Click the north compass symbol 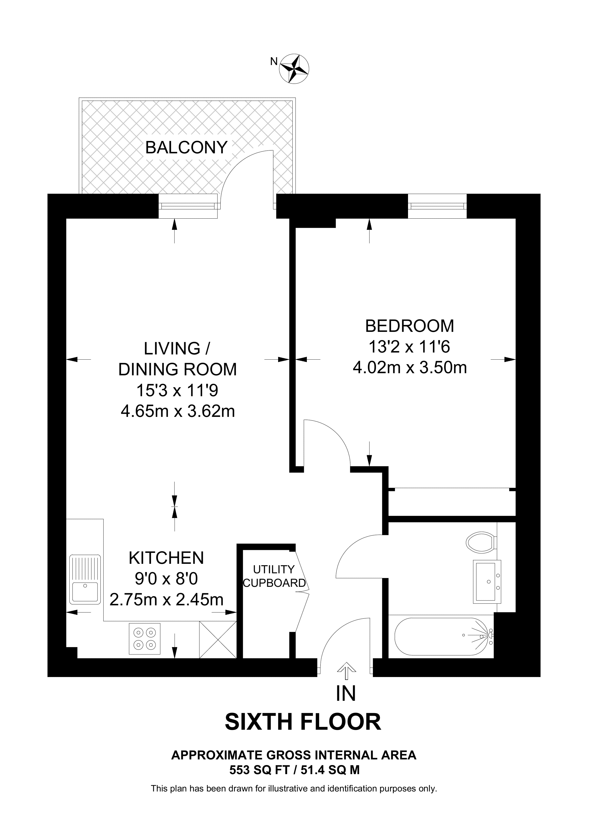pos(294,68)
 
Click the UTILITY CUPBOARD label pos(274,576)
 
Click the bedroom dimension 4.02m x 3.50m pos(409,368)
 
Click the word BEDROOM pos(409,326)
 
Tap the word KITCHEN pos(166,558)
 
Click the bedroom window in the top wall pos(437,206)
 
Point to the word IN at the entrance pos(346,693)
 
